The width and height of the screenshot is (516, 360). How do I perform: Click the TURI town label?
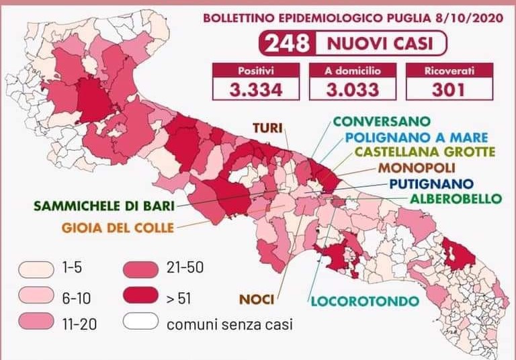point(267,126)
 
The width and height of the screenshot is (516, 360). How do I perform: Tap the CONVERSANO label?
point(381,122)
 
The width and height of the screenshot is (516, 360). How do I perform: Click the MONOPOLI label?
point(417,168)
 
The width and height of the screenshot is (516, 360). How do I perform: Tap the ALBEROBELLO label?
point(456,198)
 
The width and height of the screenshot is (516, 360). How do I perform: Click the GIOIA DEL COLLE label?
point(118,226)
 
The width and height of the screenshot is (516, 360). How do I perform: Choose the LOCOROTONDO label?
point(363,300)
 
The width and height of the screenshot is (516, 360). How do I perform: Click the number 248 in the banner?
point(287,44)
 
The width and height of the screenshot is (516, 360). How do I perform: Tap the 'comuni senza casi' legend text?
point(229,325)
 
